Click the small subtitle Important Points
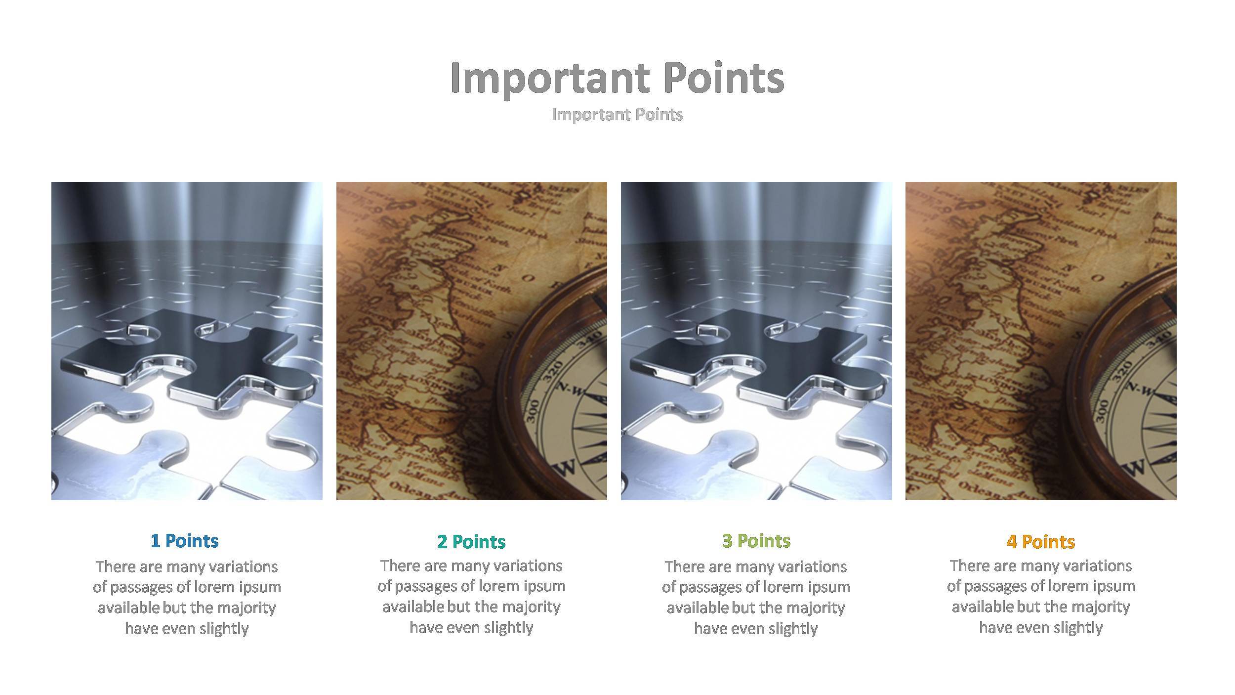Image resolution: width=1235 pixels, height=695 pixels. tap(617, 114)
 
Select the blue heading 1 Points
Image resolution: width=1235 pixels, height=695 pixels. tap(184, 541)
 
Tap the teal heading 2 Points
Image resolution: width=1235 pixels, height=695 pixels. tap(471, 542)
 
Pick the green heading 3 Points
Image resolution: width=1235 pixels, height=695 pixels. tap(756, 541)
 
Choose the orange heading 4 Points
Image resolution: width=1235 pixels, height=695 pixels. tap(1040, 542)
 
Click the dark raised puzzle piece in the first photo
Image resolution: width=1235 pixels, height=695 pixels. tap(198, 356)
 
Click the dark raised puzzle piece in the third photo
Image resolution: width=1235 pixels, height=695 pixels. tap(766, 356)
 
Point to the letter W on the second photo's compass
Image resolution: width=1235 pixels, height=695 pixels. tap(567, 467)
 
